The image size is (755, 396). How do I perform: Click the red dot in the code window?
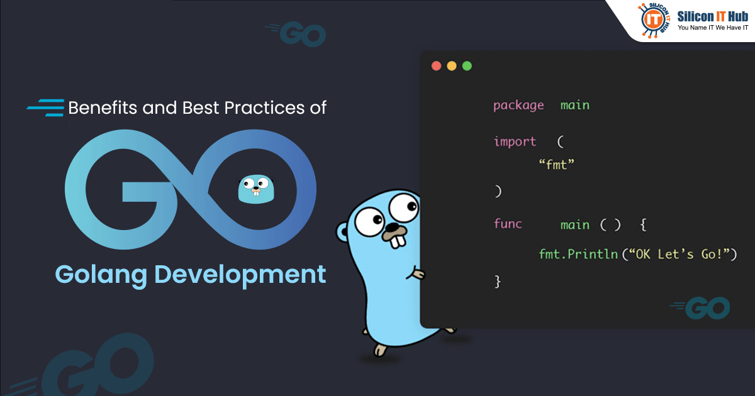pyautogui.click(x=435, y=66)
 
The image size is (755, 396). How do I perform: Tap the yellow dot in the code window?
pyautogui.click(x=451, y=66)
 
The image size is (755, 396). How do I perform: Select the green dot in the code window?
pyautogui.click(x=467, y=66)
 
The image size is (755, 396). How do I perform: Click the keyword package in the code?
pyautogui.click(x=518, y=106)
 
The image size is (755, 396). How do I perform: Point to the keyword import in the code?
pyautogui.click(x=515, y=142)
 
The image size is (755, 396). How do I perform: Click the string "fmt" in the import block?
pyautogui.click(x=557, y=165)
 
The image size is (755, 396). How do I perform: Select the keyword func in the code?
pyautogui.click(x=508, y=224)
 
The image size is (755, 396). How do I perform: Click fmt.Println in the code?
pyautogui.click(x=579, y=255)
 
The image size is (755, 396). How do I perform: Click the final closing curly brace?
pyautogui.click(x=498, y=282)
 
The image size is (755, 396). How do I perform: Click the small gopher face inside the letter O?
pyautogui.click(x=257, y=189)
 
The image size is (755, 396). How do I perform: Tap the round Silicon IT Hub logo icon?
pyautogui.click(x=655, y=18)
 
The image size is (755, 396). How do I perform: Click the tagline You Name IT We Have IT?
pyautogui.click(x=712, y=28)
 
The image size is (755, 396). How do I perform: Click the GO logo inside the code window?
pyautogui.click(x=702, y=308)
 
